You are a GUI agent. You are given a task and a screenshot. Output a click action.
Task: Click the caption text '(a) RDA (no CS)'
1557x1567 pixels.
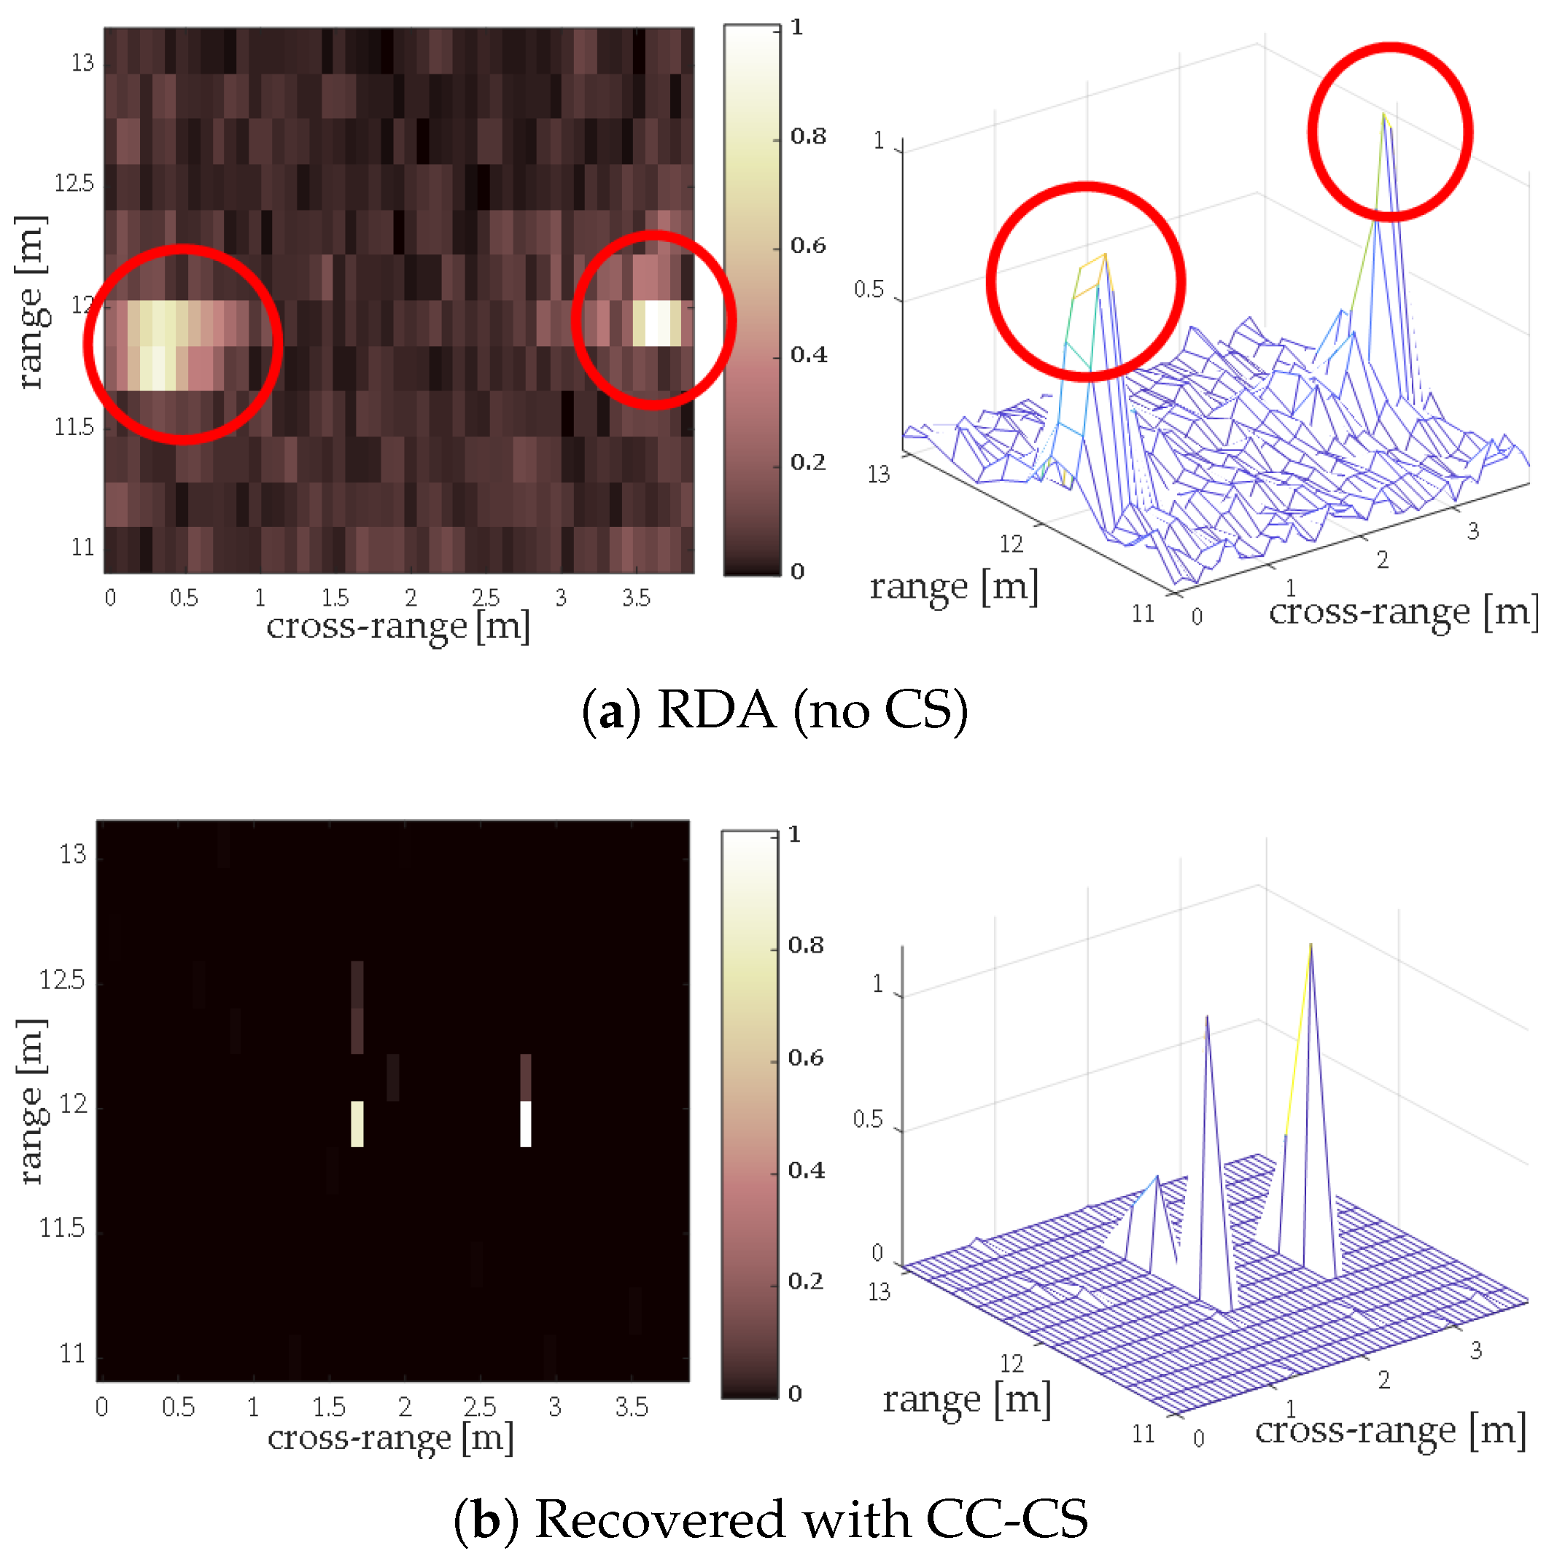774,711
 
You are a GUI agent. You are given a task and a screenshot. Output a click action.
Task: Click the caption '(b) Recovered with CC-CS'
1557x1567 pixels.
771,1519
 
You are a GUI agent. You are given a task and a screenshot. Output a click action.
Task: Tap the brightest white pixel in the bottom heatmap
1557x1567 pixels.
526,1123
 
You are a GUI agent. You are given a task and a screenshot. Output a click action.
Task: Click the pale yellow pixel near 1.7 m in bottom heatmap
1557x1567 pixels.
357,1123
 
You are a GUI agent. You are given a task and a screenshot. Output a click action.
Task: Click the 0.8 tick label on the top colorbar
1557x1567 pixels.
808,136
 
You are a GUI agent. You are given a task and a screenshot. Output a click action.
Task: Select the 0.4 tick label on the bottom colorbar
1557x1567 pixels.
806,1170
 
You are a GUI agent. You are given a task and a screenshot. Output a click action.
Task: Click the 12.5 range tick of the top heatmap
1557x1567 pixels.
74,184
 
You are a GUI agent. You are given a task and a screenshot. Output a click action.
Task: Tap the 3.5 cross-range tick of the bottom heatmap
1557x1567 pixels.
632,1407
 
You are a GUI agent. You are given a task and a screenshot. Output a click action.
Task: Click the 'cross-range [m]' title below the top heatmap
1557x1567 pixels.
397,626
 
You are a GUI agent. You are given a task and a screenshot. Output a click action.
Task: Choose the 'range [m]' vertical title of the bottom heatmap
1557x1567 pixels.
31,1101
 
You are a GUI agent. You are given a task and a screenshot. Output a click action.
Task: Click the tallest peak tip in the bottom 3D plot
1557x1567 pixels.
1311,946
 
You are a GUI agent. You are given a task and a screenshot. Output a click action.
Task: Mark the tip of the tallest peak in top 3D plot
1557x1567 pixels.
1383,114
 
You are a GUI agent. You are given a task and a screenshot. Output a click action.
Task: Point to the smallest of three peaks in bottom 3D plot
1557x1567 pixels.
1157,1178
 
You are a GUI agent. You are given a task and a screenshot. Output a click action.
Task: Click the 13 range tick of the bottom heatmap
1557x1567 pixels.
73,854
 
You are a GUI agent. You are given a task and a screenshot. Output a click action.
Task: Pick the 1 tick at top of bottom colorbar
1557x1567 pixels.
794,834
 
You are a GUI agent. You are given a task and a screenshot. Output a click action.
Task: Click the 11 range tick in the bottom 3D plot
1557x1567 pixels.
1144,1434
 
